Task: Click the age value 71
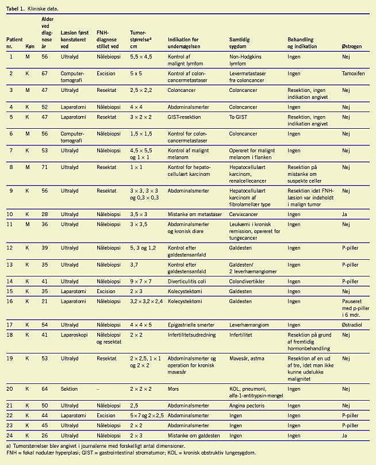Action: click(44, 167)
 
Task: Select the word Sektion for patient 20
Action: click(70, 389)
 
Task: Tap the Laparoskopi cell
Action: click(72, 334)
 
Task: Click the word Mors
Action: click(173, 389)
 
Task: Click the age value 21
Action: click(44, 301)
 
